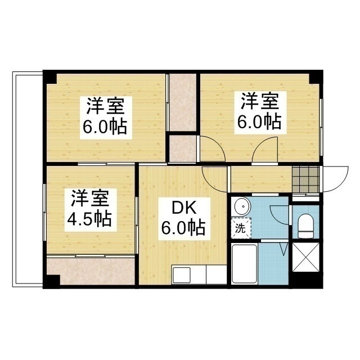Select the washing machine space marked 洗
(x=241, y=229)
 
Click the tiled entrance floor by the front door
(x=305, y=179)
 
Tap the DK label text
(x=182, y=209)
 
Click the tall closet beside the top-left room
(x=182, y=101)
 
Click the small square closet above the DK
(x=182, y=148)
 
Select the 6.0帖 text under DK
(x=182, y=228)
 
